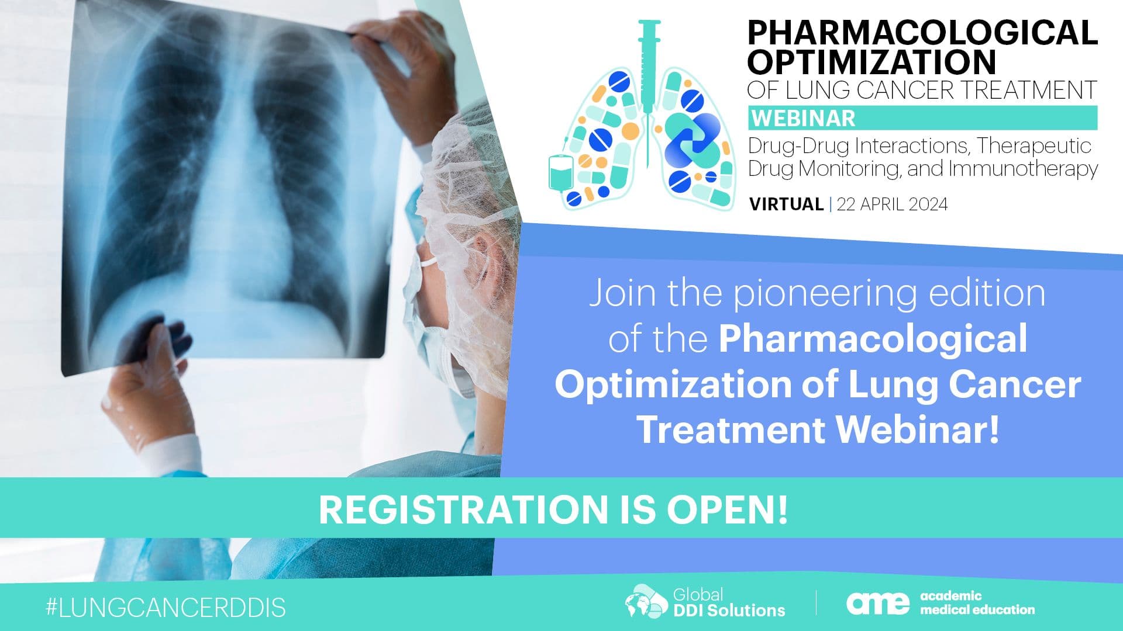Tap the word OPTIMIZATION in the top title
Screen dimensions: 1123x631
[872, 62]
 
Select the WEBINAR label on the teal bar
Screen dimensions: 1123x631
[803, 119]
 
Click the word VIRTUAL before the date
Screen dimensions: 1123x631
[786, 204]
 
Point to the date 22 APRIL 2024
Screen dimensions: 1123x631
[892, 204]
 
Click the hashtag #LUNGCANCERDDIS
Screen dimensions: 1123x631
[166, 608]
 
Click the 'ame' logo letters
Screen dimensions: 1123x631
[878, 603]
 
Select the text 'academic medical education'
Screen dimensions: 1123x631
[977, 603]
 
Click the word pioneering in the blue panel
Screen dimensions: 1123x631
[825, 294]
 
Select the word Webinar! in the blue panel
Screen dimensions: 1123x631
[918, 430]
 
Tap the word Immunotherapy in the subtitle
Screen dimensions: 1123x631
[1023, 169]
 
